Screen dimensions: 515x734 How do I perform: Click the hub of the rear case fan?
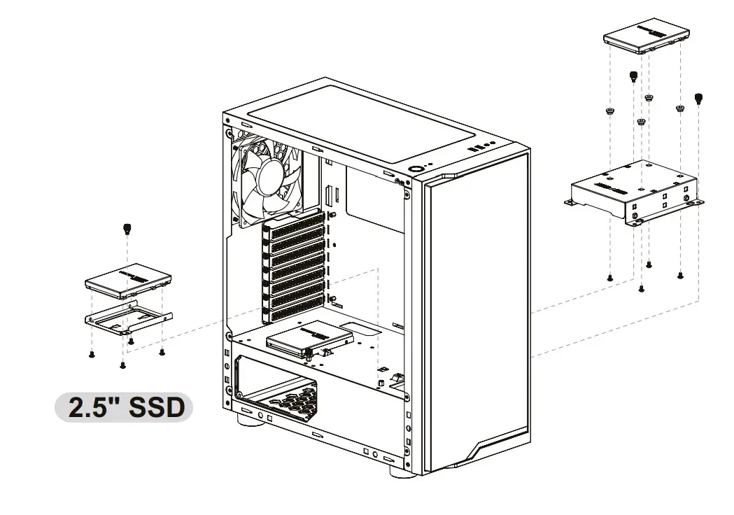272,177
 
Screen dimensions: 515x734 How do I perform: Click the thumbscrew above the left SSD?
127,227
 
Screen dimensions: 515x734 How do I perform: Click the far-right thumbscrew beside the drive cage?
698,98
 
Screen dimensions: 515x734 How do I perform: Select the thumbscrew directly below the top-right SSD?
634,76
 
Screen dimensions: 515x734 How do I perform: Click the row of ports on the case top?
479,147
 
